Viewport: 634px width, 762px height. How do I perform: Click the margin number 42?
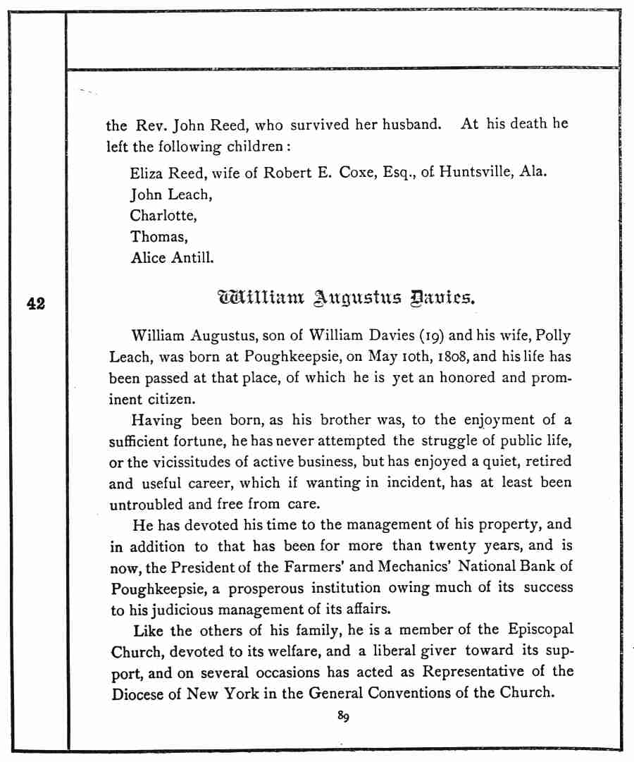pos(36,304)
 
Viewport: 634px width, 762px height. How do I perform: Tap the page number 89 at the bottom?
pos(343,717)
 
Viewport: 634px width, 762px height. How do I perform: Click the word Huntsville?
pos(475,173)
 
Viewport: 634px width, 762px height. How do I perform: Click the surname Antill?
pos(191,258)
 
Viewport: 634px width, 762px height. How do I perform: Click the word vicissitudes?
pos(185,462)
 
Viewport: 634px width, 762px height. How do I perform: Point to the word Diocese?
pos(142,693)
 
